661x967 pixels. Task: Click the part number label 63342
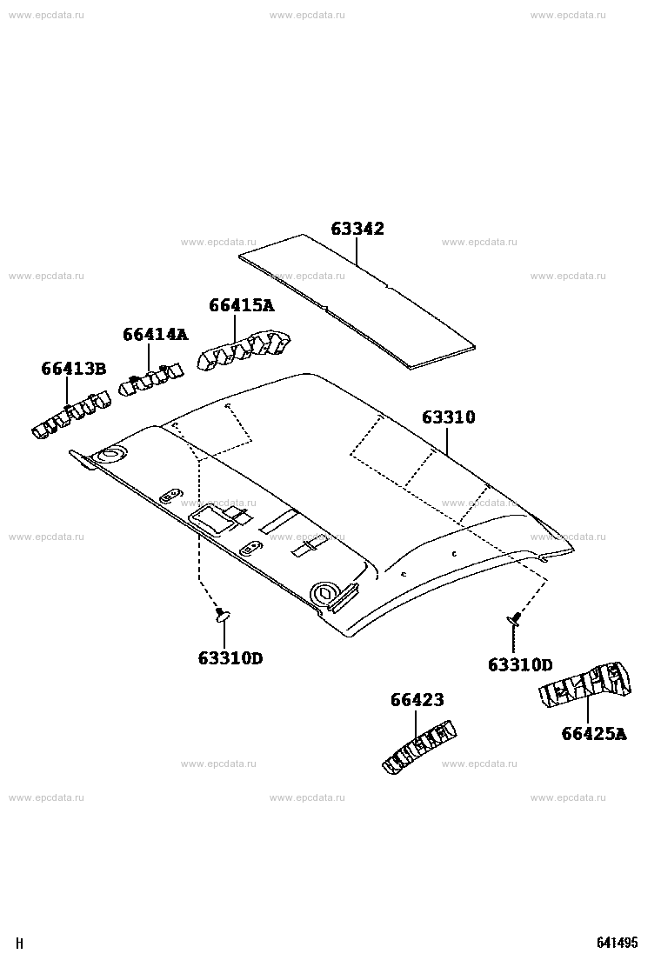[x=357, y=229]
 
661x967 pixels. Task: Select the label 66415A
[x=241, y=305]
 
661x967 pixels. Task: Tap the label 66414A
[x=155, y=334]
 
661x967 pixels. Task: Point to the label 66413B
[x=73, y=369]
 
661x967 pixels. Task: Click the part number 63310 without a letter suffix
[x=448, y=417]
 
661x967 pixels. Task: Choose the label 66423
[x=417, y=700]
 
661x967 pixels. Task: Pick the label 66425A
[x=594, y=734]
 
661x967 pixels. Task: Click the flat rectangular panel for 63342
[x=357, y=302]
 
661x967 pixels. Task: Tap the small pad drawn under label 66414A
[x=151, y=378]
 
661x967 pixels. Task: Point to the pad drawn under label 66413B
[x=70, y=415]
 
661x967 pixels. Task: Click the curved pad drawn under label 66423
[x=419, y=746]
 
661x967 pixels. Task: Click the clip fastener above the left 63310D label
[x=222, y=614]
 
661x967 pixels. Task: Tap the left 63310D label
[x=230, y=658]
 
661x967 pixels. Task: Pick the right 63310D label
[x=520, y=664]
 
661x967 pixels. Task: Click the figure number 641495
[x=617, y=943]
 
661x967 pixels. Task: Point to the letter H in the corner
[x=19, y=944]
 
